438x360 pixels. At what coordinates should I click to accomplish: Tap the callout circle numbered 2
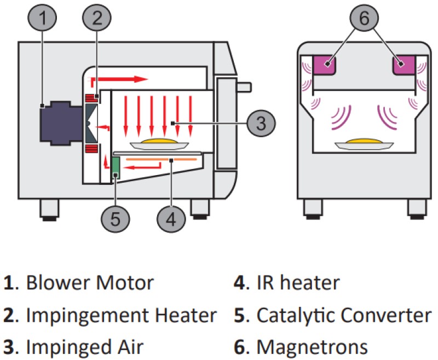[97, 19]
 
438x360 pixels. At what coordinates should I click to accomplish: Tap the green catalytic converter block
[116, 167]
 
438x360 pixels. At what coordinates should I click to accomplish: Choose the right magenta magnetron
[405, 65]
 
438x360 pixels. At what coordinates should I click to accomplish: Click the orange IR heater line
[159, 159]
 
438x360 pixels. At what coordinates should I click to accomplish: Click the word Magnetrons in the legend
[312, 347]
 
